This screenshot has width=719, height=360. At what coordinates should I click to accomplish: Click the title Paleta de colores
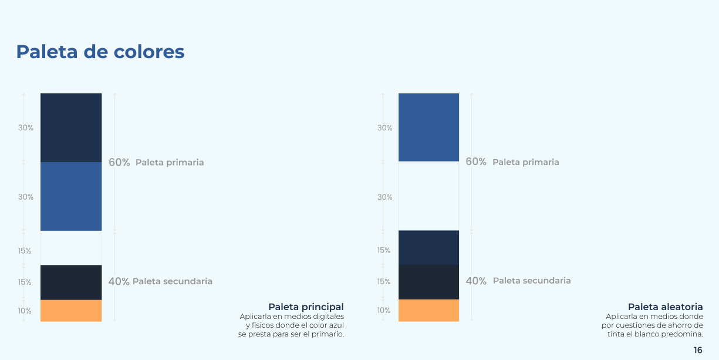[100, 52]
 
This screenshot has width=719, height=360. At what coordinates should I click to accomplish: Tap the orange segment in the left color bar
[71, 311]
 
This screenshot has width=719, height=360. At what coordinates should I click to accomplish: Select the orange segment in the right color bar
[428, 310]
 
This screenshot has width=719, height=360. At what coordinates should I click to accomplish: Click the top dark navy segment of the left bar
[71, 128]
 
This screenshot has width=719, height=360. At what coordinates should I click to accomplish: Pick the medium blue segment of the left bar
[71, 196]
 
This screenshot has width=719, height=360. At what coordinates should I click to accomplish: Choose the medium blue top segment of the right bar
[428, 127]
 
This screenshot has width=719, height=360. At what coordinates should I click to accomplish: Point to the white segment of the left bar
[71, 248]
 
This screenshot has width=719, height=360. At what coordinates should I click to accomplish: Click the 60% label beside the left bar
[119, 163]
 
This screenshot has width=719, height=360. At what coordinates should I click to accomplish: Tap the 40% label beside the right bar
[476, 281]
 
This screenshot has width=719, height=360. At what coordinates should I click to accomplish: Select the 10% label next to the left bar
[25, 311]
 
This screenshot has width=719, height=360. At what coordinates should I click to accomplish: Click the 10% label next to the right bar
[384, 310]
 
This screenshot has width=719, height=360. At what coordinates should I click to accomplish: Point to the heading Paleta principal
[306, 307]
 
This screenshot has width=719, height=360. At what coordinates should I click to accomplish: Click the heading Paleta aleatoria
[666, 307]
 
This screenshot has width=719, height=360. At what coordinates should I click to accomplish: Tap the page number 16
[698, 350]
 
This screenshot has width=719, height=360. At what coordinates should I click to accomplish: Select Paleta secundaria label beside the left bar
[173, 281]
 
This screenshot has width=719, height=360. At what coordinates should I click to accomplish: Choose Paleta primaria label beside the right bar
[526, 162]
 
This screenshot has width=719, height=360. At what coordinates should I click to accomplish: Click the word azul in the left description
[336, 325]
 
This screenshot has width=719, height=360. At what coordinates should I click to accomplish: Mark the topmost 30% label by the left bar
[26, 128]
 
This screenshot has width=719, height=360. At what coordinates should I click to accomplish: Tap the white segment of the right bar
[428, 196]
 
